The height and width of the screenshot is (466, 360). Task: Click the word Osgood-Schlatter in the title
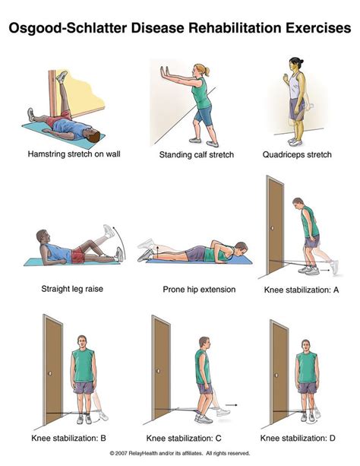tap(68, 28)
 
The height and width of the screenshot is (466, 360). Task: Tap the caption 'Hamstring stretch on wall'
tap(74, 154)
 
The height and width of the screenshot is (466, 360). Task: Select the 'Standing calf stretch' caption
tap(197, 154)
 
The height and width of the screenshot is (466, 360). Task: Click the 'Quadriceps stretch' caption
tap(297, 154)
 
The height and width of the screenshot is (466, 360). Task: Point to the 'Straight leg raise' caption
tap(72, 289)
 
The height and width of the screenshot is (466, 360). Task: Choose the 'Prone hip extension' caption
tap(199, 290)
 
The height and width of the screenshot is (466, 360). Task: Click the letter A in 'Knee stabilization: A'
tap(336, 290)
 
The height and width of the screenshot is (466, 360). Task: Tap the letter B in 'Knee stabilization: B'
tap(103, 438)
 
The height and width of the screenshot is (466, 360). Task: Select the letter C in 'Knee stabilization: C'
tap(218, 438)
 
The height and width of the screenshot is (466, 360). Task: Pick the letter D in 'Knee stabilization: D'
tap(332, 438)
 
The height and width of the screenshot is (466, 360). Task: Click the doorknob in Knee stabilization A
tap(273, 228)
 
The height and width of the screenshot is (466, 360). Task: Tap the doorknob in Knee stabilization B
tap(50, 373)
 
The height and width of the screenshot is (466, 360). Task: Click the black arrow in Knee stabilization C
tap(232, 404)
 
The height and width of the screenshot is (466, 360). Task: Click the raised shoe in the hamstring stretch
tap(62, 76)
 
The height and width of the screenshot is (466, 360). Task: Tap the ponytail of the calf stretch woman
tap(207, 71)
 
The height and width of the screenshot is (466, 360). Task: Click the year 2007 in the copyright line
tap(122, 453)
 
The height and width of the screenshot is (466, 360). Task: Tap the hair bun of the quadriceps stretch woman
tap(302, 62)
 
